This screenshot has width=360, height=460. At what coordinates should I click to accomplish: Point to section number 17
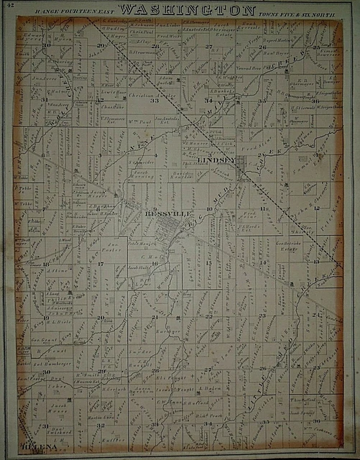[101, 264]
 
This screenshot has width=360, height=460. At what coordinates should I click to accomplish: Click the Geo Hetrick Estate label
[287, 247]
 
